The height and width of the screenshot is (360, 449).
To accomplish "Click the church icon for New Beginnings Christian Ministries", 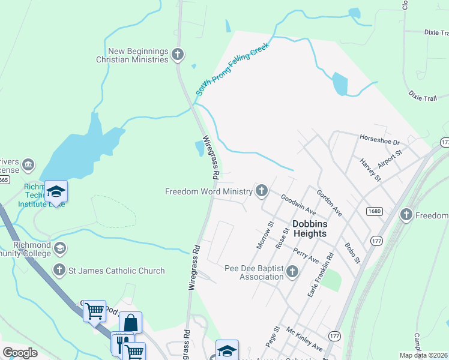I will tap(177, 55).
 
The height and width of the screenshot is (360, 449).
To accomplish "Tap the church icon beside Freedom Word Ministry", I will tap(261, 191).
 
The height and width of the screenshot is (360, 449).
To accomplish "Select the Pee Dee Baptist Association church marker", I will tap(292, 272).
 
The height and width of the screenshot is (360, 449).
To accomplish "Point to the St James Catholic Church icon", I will tap(59, 271).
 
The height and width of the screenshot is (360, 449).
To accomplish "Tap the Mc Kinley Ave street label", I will tap(304, 339).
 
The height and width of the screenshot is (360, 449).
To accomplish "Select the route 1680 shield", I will tap(375, 211).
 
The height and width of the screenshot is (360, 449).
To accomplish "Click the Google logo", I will tap(20, 352).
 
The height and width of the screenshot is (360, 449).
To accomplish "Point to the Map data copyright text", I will tap(423, 355).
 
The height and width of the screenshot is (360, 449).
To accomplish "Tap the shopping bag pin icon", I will tap(131, 323).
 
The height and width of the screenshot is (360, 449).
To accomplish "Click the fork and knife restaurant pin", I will tap(119, 343).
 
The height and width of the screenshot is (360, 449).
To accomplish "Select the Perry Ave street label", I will tap(306, 254).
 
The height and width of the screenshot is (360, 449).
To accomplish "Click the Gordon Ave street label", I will tap(330, 205).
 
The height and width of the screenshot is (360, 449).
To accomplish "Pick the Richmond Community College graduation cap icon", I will tap(59, 248).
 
